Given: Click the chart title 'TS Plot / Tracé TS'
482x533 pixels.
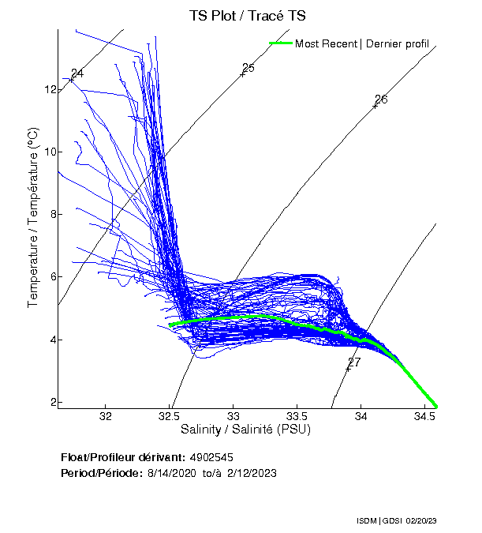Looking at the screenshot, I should (x=247, y=15).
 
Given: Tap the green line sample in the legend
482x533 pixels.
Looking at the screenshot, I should (x=280, y=43).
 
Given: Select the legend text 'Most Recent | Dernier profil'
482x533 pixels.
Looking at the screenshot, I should (x=361, y=43).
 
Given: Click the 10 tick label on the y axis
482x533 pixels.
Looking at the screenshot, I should (x=50, y=152).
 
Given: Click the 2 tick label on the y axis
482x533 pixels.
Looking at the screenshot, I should (x=53, y=402).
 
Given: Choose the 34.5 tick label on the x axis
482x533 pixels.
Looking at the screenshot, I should (x=424, y=416).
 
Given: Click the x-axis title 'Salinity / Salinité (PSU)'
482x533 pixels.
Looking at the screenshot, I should (x=245, y=430).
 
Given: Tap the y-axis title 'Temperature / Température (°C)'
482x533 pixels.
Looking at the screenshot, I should (x=33, y=218).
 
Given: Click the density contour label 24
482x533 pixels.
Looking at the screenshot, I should (x=77, y=73).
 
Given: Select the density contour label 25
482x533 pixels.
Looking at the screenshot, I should (x=248, y=68).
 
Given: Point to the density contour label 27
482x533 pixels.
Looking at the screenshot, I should (x=354, y=362).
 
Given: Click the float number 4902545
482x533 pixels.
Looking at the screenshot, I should (x=211, y=457).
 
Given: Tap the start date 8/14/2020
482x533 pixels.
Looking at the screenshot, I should (x=172, y=473).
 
